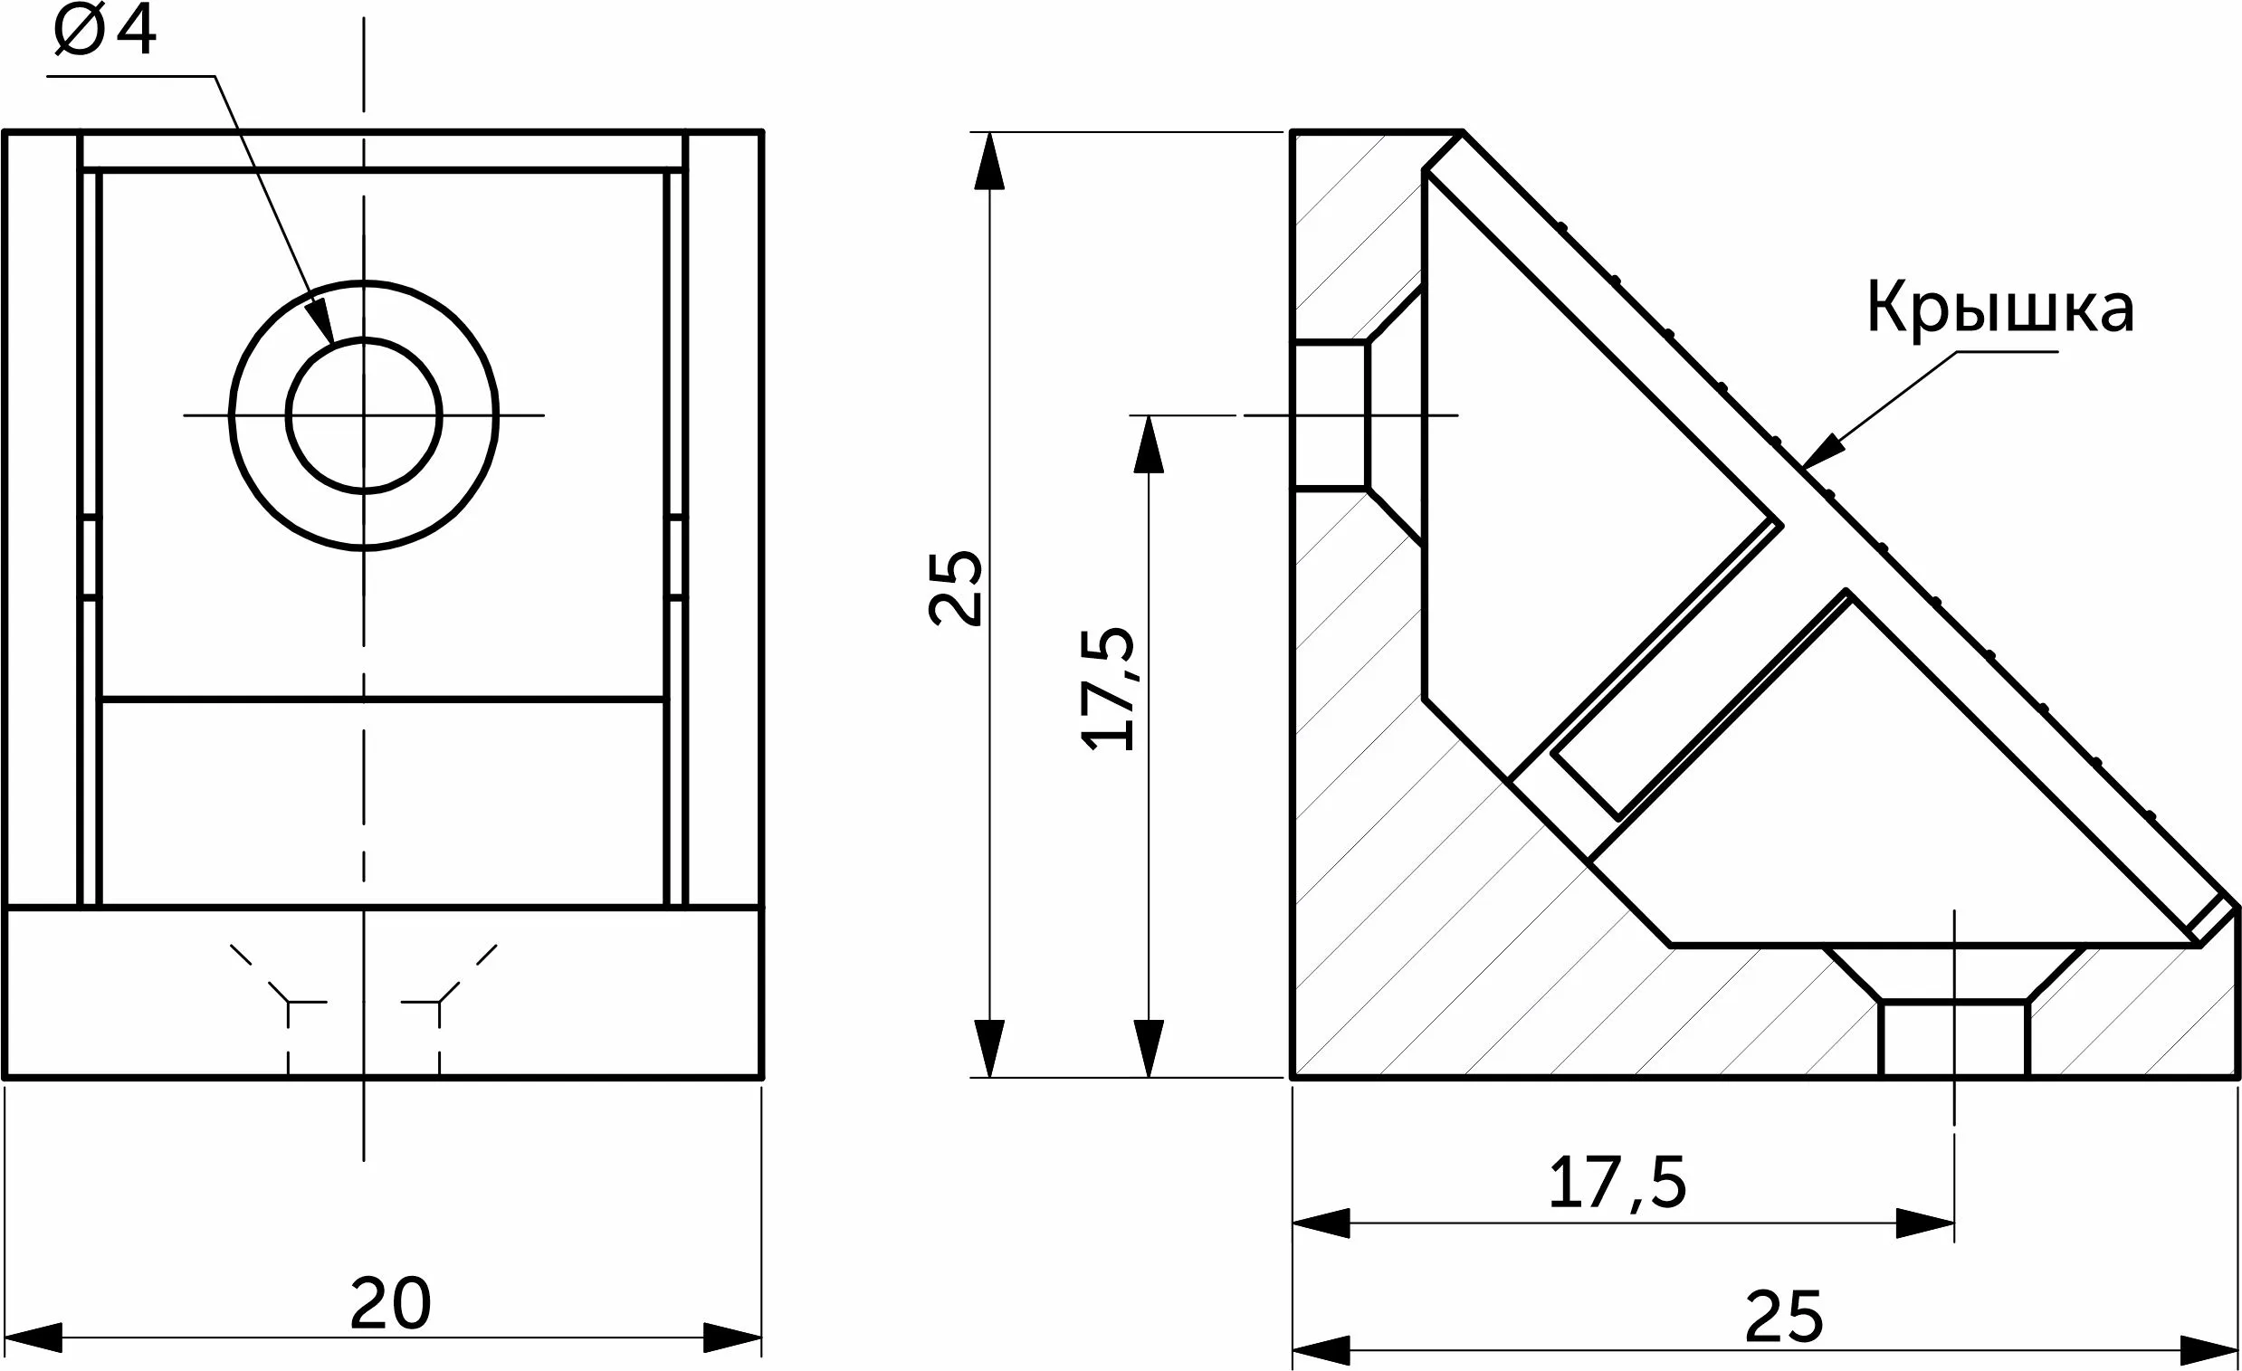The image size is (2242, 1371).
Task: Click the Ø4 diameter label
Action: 105,33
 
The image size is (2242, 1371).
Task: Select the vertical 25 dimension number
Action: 957,587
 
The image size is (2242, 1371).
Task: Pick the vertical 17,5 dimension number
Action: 1109,689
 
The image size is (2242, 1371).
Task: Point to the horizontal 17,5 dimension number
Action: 1617,1184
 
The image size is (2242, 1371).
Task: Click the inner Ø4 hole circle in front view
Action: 364,415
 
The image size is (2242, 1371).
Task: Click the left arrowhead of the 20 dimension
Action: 33,1338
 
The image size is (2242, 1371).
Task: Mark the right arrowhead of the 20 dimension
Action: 732,1338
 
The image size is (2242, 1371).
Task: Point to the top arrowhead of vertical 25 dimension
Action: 989,161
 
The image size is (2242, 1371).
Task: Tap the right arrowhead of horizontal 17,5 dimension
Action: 1925,1223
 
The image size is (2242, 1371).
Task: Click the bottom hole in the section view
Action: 1954,1037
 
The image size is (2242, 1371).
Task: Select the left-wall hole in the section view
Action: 1331,415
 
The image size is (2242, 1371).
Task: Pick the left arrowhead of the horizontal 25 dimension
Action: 1321,1348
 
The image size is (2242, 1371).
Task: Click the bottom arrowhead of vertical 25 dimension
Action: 989,1048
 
